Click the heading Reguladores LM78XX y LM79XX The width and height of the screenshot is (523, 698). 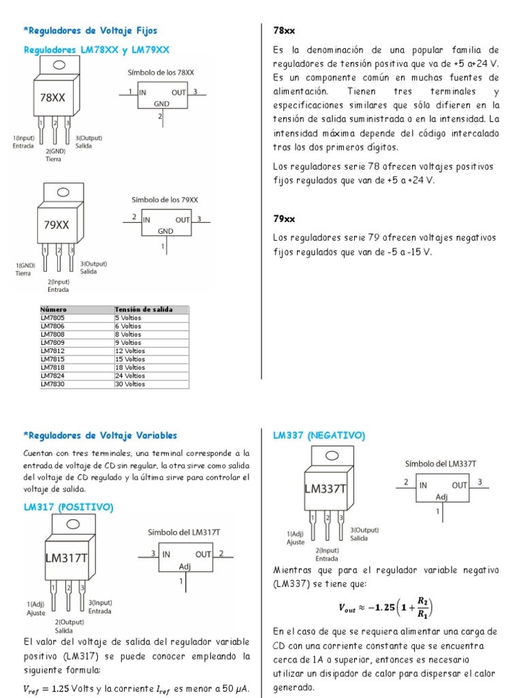tap(96, 50)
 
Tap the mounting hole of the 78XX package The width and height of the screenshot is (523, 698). tap(59, 65)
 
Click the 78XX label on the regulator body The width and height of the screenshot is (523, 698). tap(52, 97)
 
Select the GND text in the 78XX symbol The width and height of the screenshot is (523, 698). tap(161, 104)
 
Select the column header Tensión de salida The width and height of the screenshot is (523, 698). tap(144, 309)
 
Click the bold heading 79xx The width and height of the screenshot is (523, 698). tap(283, 219)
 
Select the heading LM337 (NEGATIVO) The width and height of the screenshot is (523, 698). tap(319, 435)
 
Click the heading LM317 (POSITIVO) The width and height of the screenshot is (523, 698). tap(68, 507)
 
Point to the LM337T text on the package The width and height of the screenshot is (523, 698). tap(326, 489)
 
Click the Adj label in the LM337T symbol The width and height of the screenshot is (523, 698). tap(441, 496)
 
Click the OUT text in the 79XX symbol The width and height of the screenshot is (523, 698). tap(183, 219)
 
